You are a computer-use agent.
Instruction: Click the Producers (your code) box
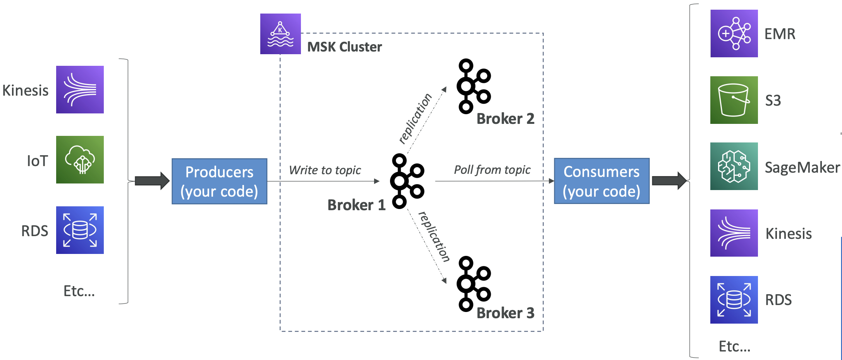(x=219, y=181)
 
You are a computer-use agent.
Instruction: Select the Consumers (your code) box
(x=601, y=181)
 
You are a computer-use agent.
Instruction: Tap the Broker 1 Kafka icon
(x=407, y=181)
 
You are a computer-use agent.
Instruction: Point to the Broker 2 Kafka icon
(x=473, y=86)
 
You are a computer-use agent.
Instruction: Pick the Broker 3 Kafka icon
(x=473, y=283)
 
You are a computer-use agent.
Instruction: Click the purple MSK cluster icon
(x=280, y=34)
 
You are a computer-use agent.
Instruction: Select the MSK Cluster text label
(x=344, y=47)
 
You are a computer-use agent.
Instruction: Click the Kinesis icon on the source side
(x=80, y=89)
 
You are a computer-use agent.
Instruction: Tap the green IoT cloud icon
(x=80, y=159)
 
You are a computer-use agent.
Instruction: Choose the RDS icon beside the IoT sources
(x=80, y=230)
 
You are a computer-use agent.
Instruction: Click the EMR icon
(x=734, y=34)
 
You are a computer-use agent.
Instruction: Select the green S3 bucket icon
(x=734, y=100)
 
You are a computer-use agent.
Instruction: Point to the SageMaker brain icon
(x=734, y=166)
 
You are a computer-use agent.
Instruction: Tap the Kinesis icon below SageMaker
(x=734, y=233)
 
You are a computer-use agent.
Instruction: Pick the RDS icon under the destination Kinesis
(x=734, y=300)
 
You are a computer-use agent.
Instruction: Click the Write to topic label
(x=325, y=170)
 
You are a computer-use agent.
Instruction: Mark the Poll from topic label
(x=492, y=170)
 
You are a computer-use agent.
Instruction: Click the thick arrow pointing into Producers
(x=152, y=181)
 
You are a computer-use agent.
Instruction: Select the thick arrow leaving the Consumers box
(x=669, y=180)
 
